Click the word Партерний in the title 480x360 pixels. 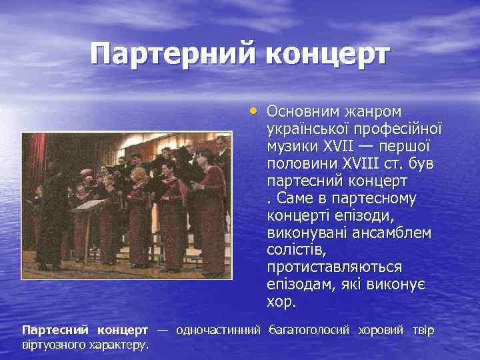[173, 54]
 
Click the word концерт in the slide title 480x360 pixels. [326, 54]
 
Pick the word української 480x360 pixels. [308, 128]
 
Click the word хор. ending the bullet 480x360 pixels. [281, 302]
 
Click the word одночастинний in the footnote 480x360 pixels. [217, 330]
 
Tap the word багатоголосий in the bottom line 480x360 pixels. [310, 330]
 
